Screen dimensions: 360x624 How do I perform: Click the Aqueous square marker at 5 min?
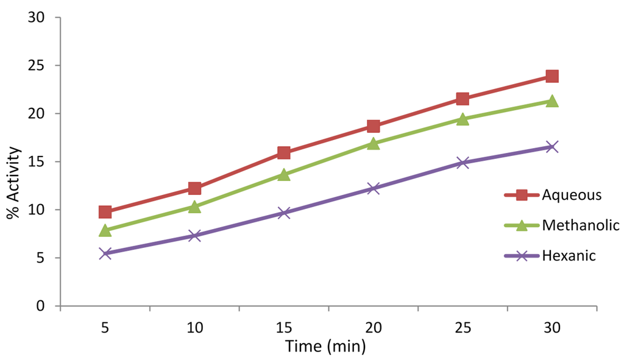click(105, 212)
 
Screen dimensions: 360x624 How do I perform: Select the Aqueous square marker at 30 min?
click(552, 76)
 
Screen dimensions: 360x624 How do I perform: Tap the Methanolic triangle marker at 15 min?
click(284, 175)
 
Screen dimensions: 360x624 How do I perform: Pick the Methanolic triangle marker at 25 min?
click(463, 119)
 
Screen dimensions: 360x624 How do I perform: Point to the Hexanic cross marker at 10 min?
click(194, 236)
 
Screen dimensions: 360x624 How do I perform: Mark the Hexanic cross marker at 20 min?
click(373, 188)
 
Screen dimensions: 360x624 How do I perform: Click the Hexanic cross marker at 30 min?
click(552, 147)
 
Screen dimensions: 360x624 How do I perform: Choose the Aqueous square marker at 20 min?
click(373, 126)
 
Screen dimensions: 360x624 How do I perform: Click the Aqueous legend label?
click(572, 195)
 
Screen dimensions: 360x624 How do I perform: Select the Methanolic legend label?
click(580, 225)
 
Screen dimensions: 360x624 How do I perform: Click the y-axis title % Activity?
click(13, 183)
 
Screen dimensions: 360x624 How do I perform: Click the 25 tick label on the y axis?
click(37, 66)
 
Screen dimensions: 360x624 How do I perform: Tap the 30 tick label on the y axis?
click(37, 18)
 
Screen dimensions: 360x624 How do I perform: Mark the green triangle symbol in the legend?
click(522, 225)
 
